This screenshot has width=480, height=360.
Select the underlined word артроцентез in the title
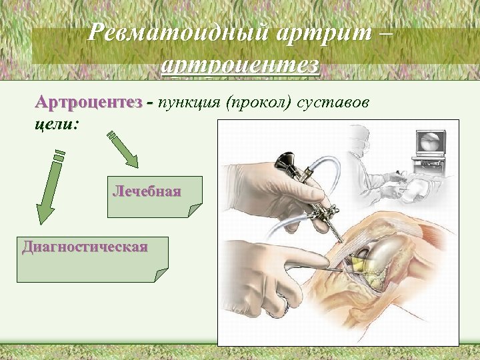pyautogui.click(x=241, y=65)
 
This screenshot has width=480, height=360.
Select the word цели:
pyautogui.click(x=55, y=125)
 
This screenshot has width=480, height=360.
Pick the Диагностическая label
pyautogui.click(x=84, y=247)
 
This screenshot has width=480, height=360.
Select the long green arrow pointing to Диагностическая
pyautogui.click(x=50, y=187)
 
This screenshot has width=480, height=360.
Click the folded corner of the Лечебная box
pyautogui.click(x=194, y=211)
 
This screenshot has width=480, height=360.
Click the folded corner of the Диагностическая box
pyautogui.click(x=160, y=275)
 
